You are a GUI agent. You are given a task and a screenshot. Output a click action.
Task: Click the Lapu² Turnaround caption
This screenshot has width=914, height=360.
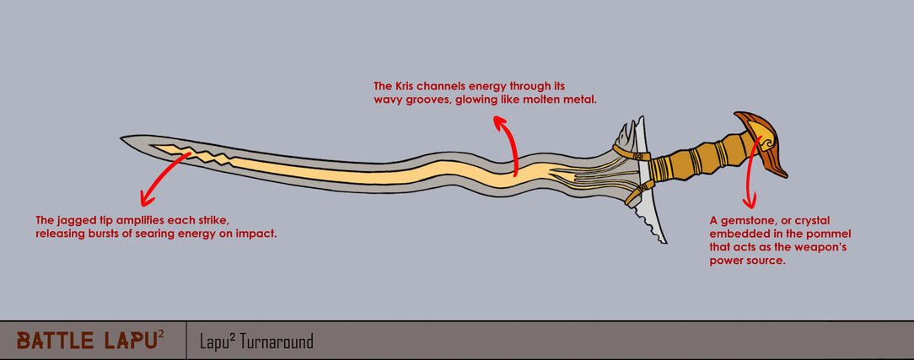point(256,341)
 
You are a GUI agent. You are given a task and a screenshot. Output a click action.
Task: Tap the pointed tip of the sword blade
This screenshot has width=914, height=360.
point(121,138)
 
